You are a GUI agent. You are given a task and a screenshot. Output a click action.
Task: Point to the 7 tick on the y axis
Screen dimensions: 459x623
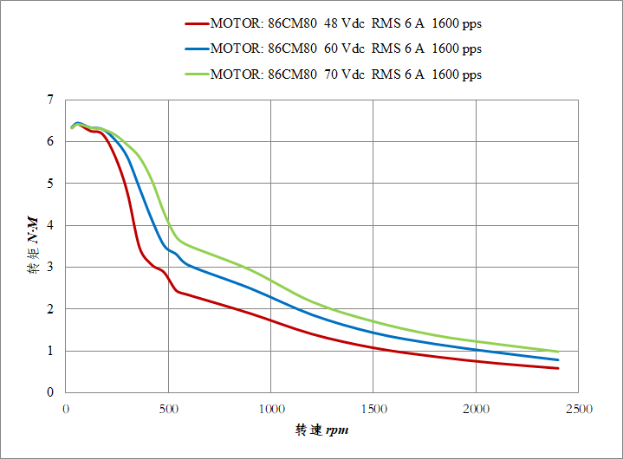click(x=49, y=100)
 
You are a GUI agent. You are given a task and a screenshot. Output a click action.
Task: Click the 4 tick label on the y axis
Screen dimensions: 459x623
click(x=49, y=225)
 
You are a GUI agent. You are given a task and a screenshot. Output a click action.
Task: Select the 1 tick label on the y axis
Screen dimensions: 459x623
click(x=49, y=351)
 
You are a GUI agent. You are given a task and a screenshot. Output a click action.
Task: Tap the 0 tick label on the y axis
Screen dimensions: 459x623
click(x=49, y=392)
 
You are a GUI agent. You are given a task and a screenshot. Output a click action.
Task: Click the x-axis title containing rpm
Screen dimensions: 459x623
click(x=322, y=430)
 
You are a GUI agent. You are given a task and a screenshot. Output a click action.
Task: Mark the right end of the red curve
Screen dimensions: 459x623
click(x=558, y=368)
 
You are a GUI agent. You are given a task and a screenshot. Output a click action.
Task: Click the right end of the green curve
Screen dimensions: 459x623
click(x=558, y=352)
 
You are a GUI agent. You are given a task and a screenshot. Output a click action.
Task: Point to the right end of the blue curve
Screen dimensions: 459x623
click(x=558, y=359)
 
